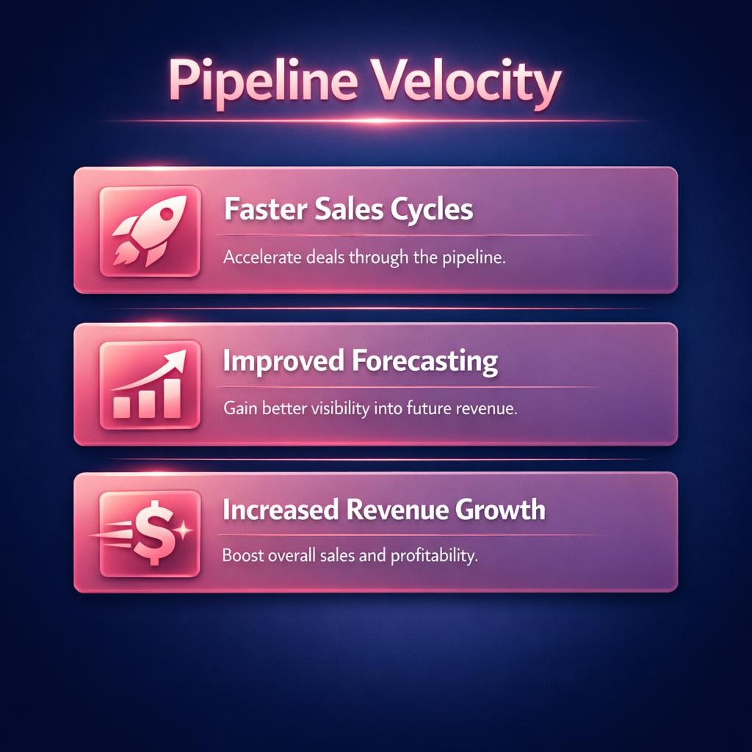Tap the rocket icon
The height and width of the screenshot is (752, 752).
tap(149, 231)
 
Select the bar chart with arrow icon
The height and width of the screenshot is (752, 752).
tap(149, 386)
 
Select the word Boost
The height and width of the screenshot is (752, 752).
tap(239, 556)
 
